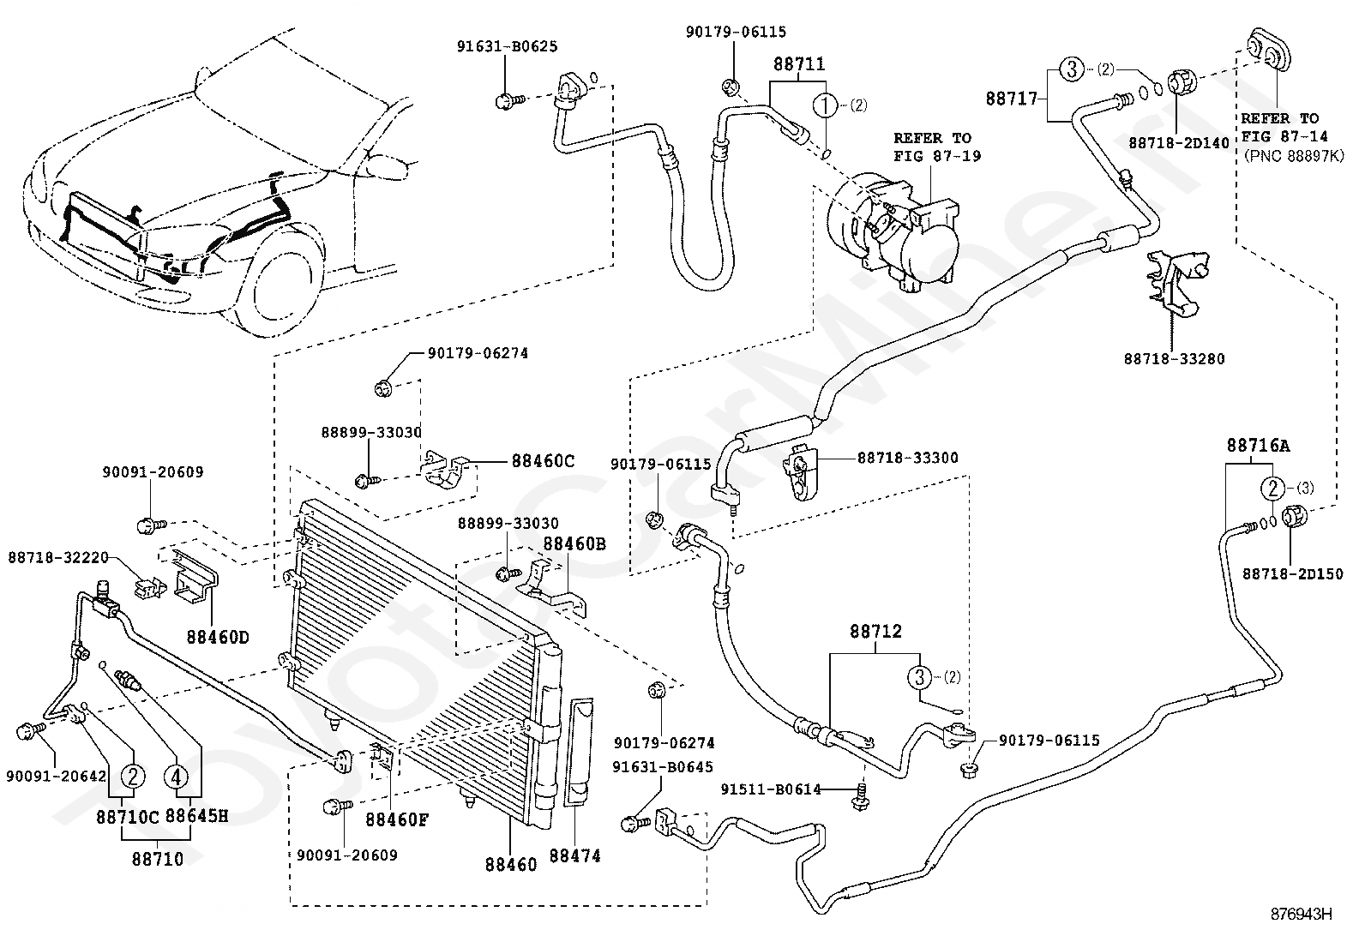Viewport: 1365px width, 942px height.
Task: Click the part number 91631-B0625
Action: click(x=507, y=46)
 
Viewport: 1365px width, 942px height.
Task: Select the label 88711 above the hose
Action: click(x=799, y=64)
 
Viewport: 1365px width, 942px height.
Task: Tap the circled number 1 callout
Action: click(x=825, y=105)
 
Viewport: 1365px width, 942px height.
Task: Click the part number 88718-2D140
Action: click(x=1179, y=143)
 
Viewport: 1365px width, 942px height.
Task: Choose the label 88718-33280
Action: click(x=1175, y=359)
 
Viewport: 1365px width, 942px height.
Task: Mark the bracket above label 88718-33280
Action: click(x=1177, y=284)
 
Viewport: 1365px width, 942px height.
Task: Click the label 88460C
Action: click(x=543, y=461)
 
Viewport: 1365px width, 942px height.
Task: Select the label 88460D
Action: click(x=218, y=638)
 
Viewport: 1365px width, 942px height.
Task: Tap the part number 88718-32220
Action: click(x=58, y=557)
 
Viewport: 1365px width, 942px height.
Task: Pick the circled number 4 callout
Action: click(x=176, y=777)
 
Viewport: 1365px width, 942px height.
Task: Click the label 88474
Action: click(x=574, y=856)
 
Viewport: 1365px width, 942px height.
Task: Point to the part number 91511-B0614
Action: click(x=771, y=789)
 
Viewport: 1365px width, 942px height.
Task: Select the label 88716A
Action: click(x=1259, y=446)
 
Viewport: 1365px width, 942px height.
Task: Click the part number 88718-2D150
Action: click(x=1293, y=574)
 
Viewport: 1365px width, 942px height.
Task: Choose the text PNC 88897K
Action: click(x=1294, y=156)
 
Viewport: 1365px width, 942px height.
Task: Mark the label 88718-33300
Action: click(x=907, y=458)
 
